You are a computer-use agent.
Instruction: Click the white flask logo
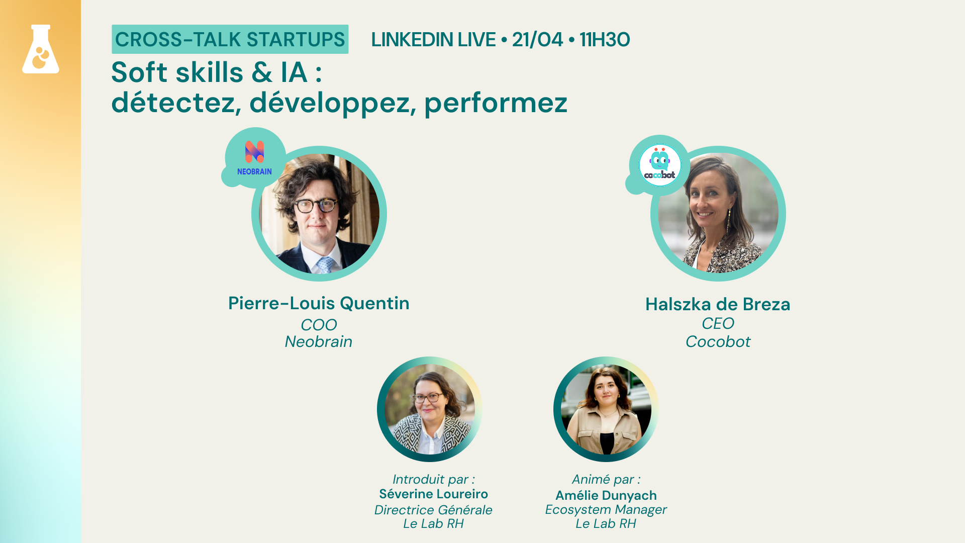tap(41, 49)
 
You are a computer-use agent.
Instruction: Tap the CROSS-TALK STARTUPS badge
tap(230, 39)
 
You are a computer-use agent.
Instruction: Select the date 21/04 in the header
tap(537, 40)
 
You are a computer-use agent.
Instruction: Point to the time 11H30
tap(605, 40)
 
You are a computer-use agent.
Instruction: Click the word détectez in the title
tap(173, 103)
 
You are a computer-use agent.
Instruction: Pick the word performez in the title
tap(496, 104)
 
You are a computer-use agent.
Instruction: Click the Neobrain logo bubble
tap(255, 158)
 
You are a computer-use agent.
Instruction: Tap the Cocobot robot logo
tap(659, 164)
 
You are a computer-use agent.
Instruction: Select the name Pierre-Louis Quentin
tap(319, 303)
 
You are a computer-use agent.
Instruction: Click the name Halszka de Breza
tap(718, 304)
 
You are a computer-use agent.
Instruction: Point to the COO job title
tap(319, 325)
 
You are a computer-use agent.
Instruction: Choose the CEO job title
tap(718, 323)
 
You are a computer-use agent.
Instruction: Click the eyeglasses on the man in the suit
tap(315, 206)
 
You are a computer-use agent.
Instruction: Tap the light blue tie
tap(325, 264)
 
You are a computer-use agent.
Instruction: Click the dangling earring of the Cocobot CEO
tap(728, 219)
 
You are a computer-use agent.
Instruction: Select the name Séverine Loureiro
tap(433, 494)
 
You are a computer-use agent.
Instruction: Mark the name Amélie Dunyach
tap(606, 496)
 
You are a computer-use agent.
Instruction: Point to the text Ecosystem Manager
tap(606, 510)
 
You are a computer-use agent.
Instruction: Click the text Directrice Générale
tap(433, 510)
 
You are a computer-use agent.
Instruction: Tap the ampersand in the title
tap(262, 72)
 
